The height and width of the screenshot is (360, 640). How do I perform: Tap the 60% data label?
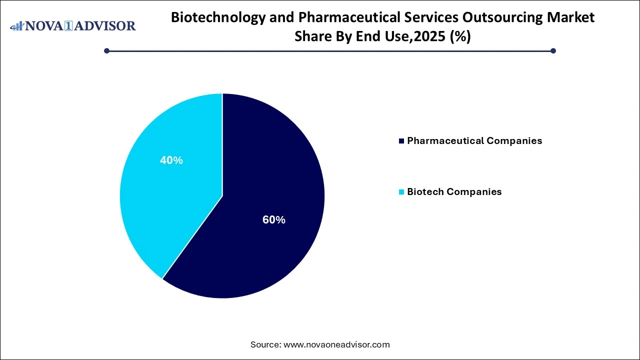274,220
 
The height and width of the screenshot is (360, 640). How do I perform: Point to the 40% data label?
171,160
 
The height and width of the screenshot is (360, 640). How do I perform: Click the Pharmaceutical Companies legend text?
474,141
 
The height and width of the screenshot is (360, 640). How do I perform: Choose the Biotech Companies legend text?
454,192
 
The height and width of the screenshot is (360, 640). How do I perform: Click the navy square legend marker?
401,141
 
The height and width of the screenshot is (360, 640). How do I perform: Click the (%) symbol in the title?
460,36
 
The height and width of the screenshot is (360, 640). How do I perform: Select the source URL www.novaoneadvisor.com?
336,344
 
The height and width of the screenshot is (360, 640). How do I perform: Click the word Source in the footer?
265,344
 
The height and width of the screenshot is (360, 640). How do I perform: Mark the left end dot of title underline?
106,50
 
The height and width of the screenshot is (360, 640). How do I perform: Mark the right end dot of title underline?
553,50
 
